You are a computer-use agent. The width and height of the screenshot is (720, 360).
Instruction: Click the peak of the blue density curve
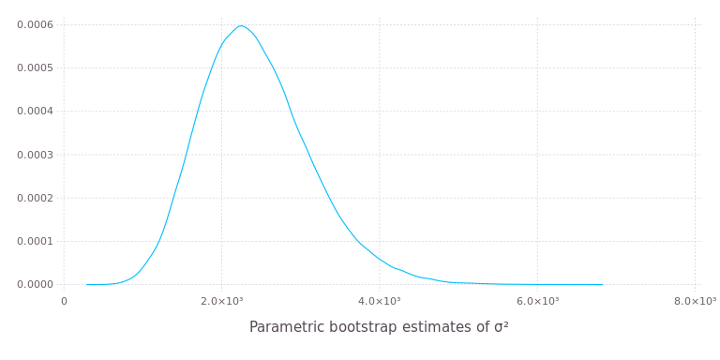(242, 25)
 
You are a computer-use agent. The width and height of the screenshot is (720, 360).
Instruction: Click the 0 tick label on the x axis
(64, 301)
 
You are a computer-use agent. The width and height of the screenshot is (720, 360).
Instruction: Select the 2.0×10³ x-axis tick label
(221, 301)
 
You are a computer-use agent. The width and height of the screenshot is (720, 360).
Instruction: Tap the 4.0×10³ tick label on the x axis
(380, 301)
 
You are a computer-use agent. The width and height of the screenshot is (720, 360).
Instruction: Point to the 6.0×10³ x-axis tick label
(537, 301)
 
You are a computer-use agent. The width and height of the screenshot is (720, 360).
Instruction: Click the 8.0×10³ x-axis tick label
(695, 301)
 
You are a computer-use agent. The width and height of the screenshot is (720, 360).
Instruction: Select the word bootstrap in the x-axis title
(362, 327)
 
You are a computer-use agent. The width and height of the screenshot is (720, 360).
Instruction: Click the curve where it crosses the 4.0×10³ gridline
(380, 259)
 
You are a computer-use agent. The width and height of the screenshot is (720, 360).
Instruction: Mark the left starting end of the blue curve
(86, 284)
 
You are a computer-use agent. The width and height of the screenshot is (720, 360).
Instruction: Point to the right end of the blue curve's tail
(603, 284)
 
